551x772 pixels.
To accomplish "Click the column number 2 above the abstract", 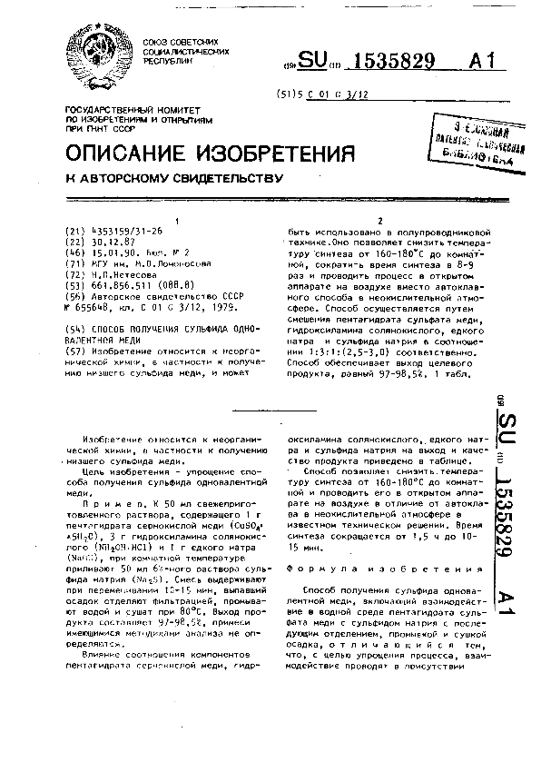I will tap(379, 221).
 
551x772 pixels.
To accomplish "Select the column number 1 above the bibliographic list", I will tap(176, 221).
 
